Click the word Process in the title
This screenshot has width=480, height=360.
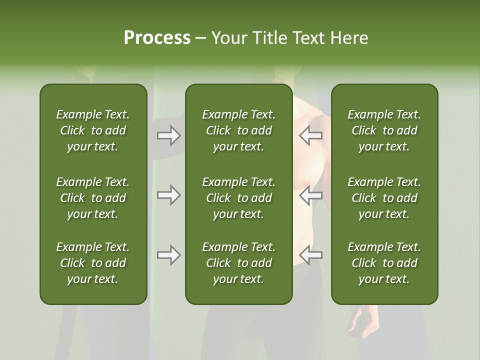tap(157, 38)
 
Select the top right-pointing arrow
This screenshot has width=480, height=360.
tap(168, 135)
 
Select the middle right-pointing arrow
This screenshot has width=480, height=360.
tap(168, 194)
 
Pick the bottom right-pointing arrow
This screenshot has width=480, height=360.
tap(168, 255)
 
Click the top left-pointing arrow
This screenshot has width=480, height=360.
tap(310, 135)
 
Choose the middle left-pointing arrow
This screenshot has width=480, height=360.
tap(310, 194)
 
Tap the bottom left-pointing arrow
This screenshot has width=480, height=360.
tap(310, 255)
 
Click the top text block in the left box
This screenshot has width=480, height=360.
tap(93, 130)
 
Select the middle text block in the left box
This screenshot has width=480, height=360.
tap(93, 198)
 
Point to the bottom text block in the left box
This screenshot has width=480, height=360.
tap(93, 263)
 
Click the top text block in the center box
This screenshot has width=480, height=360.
tap(238, 130)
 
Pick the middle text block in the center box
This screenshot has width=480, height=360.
tap(238, 198)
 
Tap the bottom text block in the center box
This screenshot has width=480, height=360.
tap(238, 263)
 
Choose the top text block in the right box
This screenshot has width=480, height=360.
tap(384, 130)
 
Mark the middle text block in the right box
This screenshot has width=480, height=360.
tap(384, 198)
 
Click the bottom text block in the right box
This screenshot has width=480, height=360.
tap(384, 263)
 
